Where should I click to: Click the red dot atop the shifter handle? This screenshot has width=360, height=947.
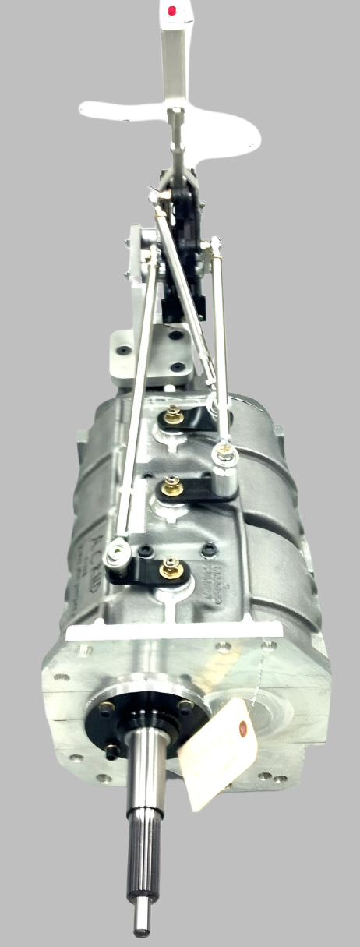(x=172, y=11)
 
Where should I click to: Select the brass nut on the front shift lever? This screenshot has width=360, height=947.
(x=167, y=571)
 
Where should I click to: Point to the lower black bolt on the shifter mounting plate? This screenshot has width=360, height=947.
(x=177, y=366)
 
